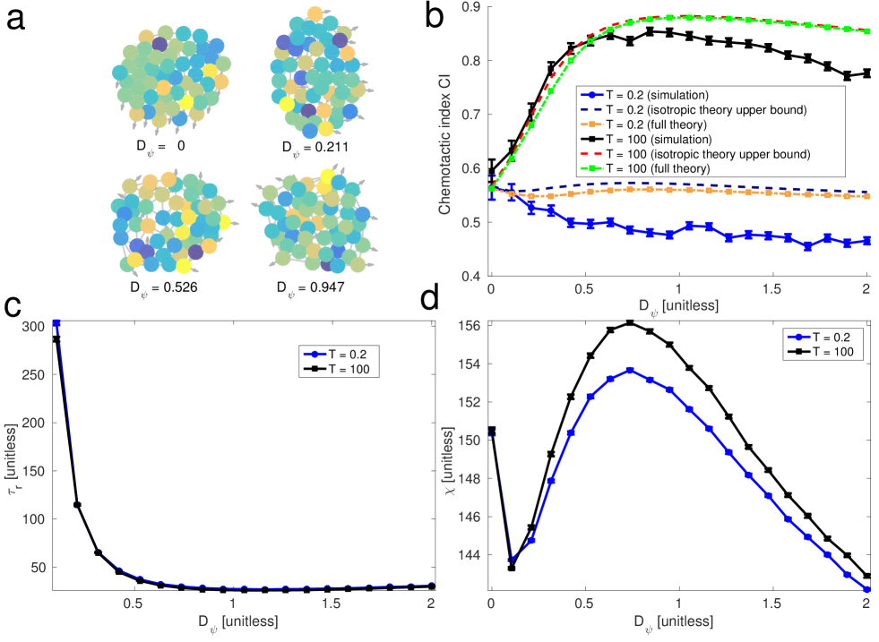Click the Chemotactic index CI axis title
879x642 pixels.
(x=446, y=141)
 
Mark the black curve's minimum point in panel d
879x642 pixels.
(x=511, y=568)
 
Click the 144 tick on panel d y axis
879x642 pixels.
(x=473, y=555)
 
